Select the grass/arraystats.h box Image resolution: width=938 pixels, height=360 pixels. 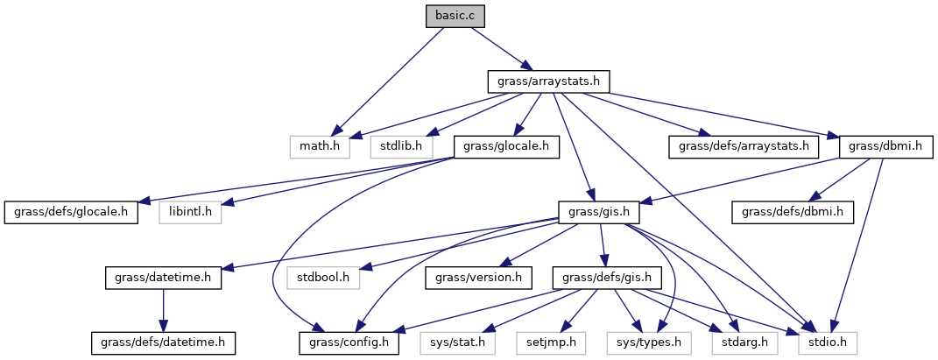click(x=548, y=81)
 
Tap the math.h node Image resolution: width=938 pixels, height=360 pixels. click(x=320, y=145)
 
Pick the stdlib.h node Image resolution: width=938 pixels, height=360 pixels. click(x=401, y=145)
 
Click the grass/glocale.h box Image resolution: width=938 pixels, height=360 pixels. click(x=506, y=145)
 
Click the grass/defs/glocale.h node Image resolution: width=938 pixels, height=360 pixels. click(x=72, y=211)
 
